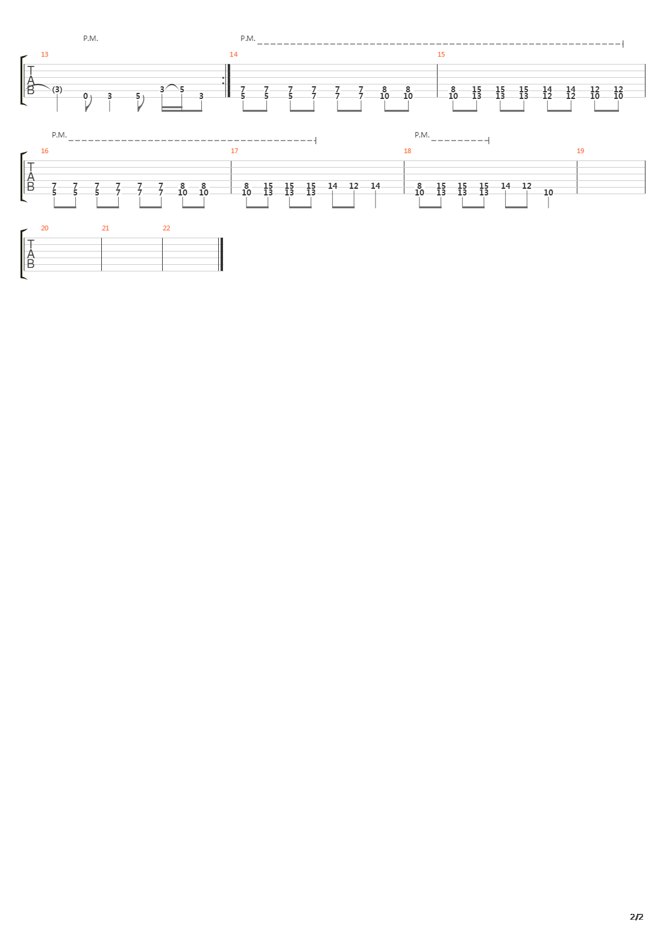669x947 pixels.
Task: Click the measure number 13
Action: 45,54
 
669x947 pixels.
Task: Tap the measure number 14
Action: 234,54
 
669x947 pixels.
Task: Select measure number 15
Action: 441,54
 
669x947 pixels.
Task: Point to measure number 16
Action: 45,151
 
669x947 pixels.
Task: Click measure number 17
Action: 234,151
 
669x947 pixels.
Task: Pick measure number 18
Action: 407,151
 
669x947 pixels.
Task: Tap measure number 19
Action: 580,151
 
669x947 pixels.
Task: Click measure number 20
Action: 45,228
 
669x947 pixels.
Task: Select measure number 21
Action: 105,228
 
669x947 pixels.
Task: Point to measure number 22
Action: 166,228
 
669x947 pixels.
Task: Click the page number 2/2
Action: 636,917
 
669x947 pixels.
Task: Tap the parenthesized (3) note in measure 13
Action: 57,90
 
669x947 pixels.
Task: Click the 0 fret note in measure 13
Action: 86,96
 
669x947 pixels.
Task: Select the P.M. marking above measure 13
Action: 90,39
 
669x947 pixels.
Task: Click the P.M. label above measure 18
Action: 422,135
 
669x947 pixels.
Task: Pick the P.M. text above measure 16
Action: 59,135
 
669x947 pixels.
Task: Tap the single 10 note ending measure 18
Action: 548,192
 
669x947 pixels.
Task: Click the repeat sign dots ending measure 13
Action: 223,80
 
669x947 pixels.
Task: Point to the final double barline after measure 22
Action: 221,254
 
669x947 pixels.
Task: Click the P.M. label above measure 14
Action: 248,39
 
